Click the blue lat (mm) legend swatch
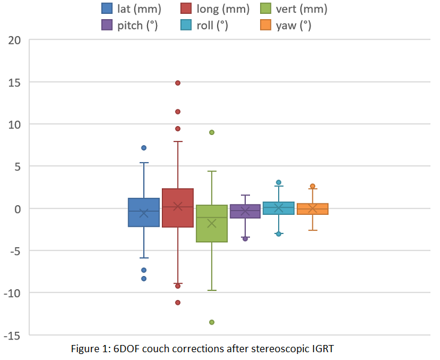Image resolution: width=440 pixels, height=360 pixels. tap(107, 8)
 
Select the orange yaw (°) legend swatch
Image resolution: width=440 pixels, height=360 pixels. tap(266, 25)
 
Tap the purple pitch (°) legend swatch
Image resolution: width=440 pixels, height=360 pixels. tap(107, 25)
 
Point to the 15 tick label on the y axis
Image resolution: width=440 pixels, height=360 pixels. tap(14, 83)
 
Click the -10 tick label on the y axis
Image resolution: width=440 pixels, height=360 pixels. tap(12, 293)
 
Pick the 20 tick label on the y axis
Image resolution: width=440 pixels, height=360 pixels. tap(14, 40)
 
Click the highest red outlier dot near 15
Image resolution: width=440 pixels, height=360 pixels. tap(177, 83)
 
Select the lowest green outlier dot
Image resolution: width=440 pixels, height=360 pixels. tap(212, 322)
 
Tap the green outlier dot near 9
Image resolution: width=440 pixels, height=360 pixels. tap(212, 132)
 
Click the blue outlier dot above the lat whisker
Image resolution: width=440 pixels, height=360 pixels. tap(144, 148)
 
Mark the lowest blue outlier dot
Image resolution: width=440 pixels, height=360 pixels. tap(144, 278)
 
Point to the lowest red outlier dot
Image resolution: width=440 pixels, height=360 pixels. tap(177, 302)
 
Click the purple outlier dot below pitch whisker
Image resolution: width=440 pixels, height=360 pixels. tap(245, 239)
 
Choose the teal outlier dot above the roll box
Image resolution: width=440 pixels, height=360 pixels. tap(279, 182)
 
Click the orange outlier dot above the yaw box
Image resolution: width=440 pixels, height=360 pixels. tap(312, 186)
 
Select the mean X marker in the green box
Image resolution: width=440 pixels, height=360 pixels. tap(212, 224)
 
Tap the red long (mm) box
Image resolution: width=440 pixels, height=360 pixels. tap(177, 208)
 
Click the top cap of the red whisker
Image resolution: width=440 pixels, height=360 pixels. tap(177, 142)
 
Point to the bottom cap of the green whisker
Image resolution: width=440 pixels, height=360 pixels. tap(212, 290)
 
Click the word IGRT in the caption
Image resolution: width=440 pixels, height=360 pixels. tap(323, 349)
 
